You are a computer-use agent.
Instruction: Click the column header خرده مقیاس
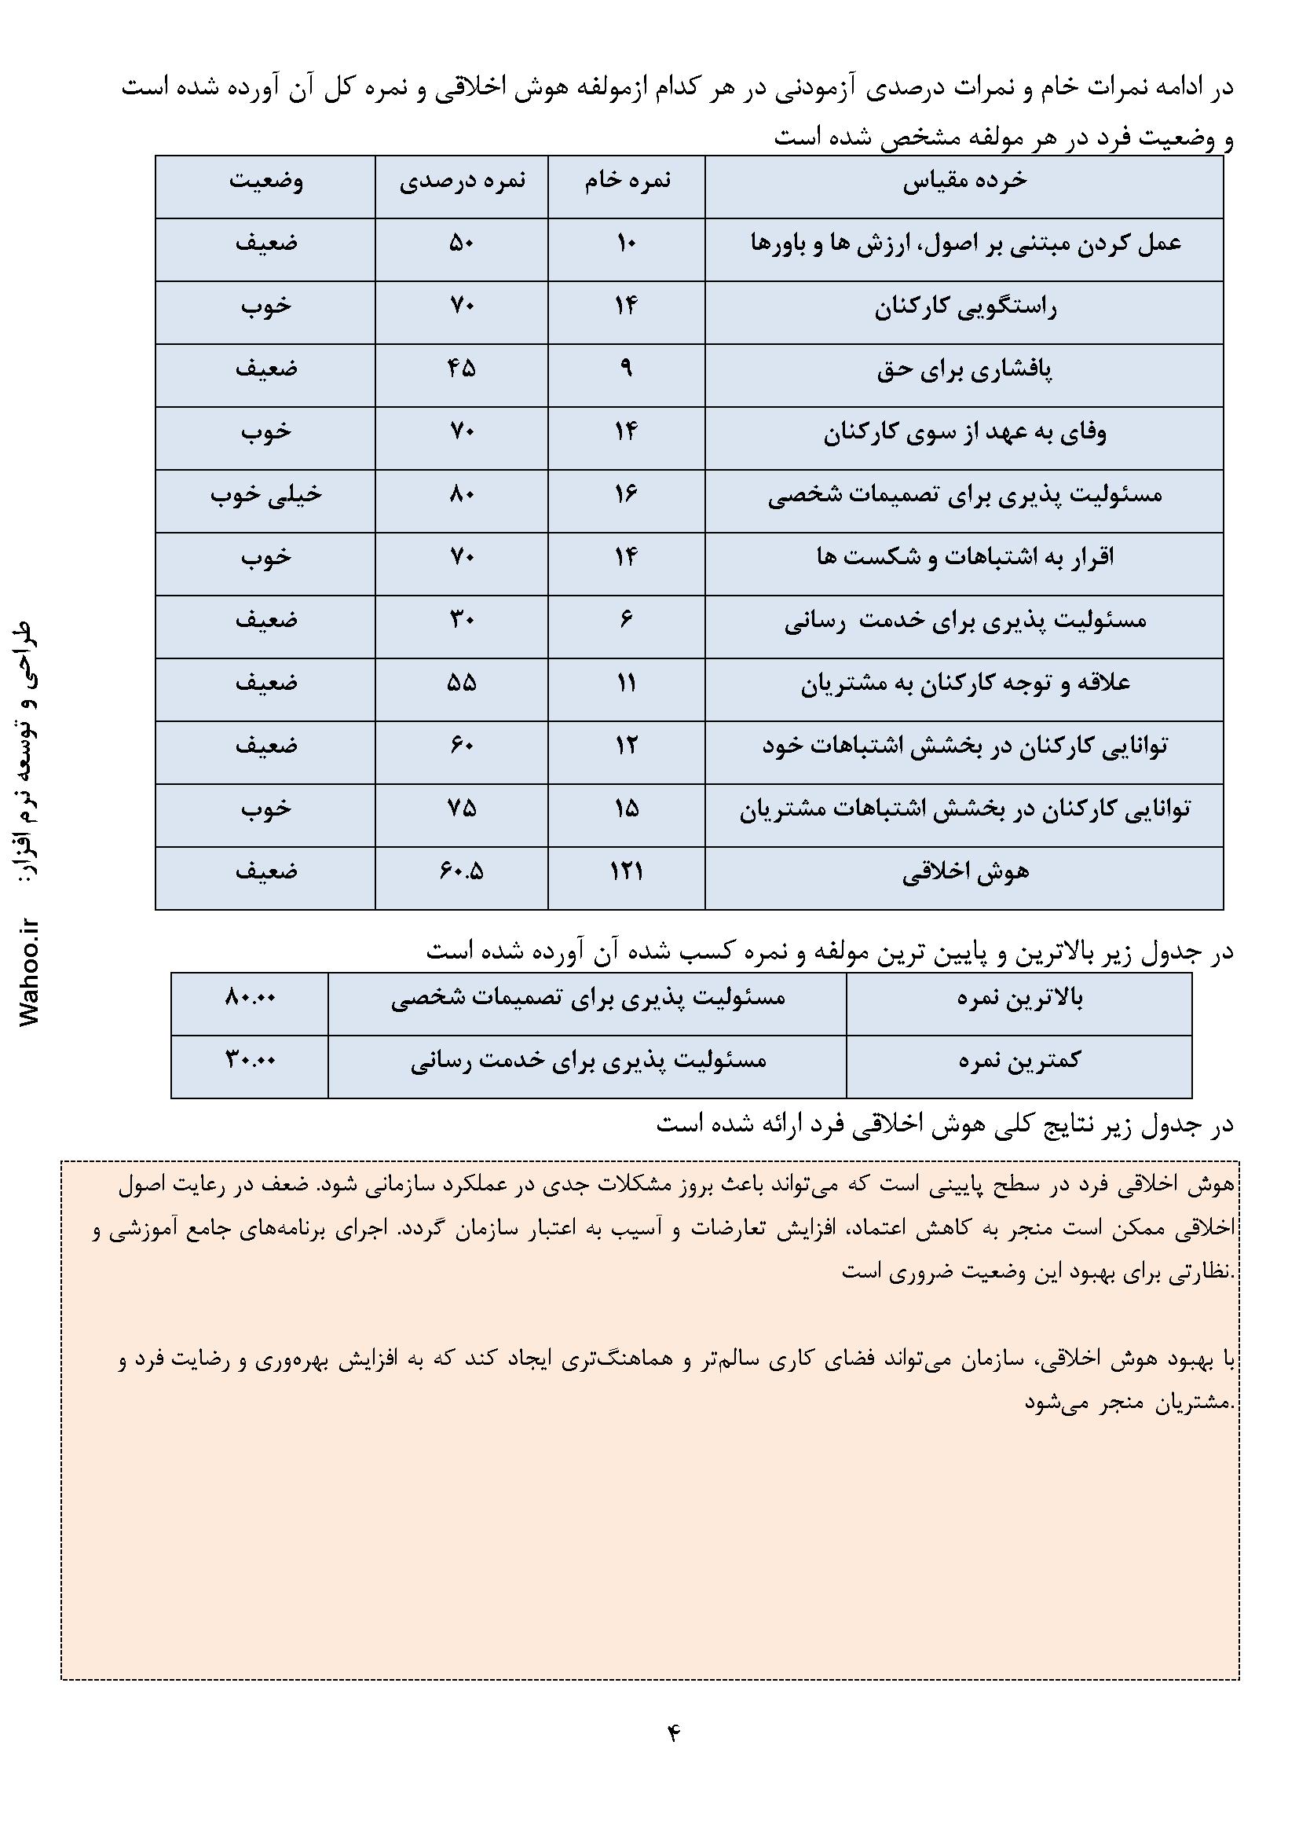click(x=964, y=181)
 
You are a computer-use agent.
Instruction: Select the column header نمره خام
click(x=626, y=181)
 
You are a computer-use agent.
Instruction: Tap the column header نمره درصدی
click(x=462, y=181)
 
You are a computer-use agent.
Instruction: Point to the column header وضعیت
click(x=265, y=181)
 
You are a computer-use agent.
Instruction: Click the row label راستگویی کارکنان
click(x=964, y=307)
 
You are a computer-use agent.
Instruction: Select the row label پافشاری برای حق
click(x=964, y=370)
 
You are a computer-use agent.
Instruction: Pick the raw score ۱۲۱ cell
click(x=626, y=872)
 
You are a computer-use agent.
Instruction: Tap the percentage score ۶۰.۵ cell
click(x=462, y=872)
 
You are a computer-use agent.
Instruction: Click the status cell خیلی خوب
click(x=265, y=495)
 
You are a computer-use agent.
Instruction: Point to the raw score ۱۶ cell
click(x=626, y=495)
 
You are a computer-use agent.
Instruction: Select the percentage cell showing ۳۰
click(x=462, y=621)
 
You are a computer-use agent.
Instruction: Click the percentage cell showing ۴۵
click(x=462, y=369)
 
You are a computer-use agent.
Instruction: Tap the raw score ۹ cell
click(x=626, y=369)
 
